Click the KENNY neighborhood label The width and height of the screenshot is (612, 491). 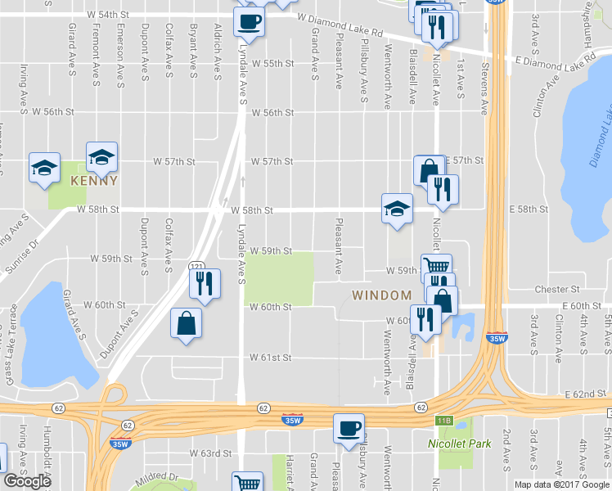click(x=94, y=180)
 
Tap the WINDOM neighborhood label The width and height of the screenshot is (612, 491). click(x=381, y=295)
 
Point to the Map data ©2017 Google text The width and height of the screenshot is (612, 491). click(x=562, y=484)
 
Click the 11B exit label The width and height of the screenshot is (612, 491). click(x=443, y=420)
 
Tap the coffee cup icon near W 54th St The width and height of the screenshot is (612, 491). click(x=250, y=21)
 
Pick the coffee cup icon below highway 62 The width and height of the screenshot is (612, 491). click(x=349, y=428)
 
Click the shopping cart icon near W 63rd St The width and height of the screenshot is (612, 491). click(x=247, y=482)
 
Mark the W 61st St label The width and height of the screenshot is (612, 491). click(x=271, y=358)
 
